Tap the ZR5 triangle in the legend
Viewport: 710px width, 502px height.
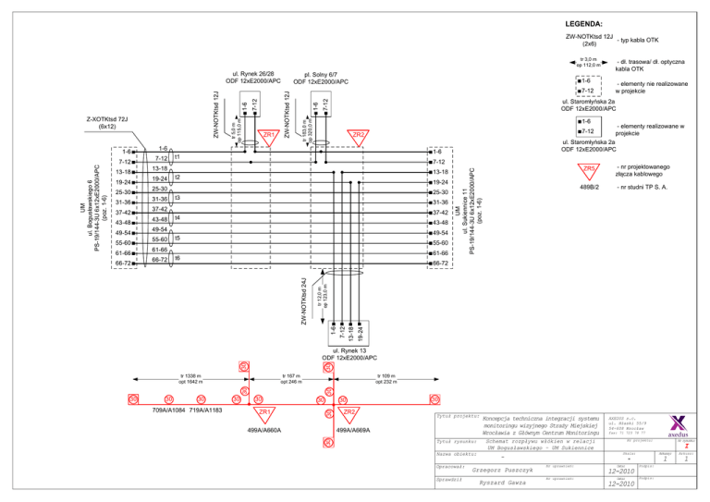pyautogui.click(x=588, y=170)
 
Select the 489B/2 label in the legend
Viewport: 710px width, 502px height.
pyautogui.click(x=589, y=188)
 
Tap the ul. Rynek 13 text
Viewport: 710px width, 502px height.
pyautogui.click(x=346, y=352)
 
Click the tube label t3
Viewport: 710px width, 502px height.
pyautogui.click(x=176, y=198)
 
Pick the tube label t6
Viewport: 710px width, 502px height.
pyautogui.click(x=176, y=259)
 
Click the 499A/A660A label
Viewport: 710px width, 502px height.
pyautogui.click(x=264, y=430)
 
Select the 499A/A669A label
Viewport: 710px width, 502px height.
pyautogui.click(x=353, y=430)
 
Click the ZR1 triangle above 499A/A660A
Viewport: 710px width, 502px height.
pyautogui.click(x=264, y=412)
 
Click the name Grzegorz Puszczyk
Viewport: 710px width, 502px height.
pyautogui.click(x=504, y=470)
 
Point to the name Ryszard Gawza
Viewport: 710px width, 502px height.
pyautogui.click(x=503, y=484)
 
